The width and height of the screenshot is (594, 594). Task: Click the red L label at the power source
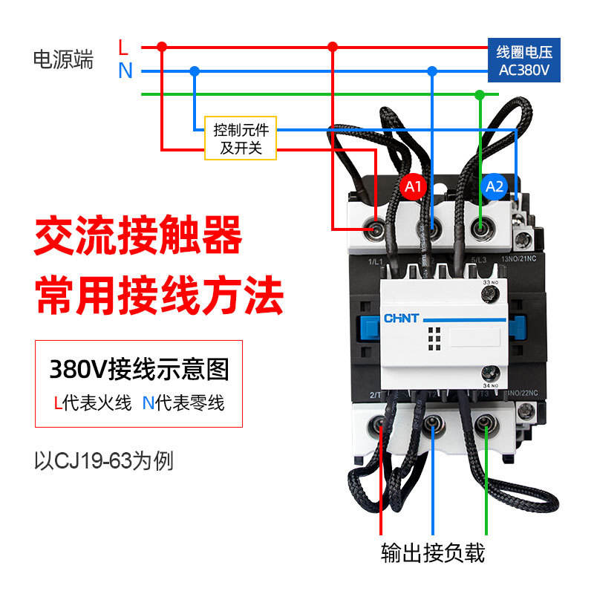pos(124,47)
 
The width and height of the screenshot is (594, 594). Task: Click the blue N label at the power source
pos(125,71)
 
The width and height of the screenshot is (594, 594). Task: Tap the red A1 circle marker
pos(414,186)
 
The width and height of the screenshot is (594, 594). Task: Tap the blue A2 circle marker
pos(495,186)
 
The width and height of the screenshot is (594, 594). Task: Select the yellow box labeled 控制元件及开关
pos(241,139)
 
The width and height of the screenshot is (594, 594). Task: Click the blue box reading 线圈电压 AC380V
pos(524,61)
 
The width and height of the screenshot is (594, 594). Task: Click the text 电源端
pos(64,60)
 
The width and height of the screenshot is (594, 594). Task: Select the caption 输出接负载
pos(433,553)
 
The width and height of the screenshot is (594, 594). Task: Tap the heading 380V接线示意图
pos(139,369)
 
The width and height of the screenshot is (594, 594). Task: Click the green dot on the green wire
pos(480,95)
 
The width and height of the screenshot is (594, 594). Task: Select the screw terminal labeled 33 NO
pos(489,296)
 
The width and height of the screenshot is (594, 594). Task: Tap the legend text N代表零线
pos(183,403)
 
